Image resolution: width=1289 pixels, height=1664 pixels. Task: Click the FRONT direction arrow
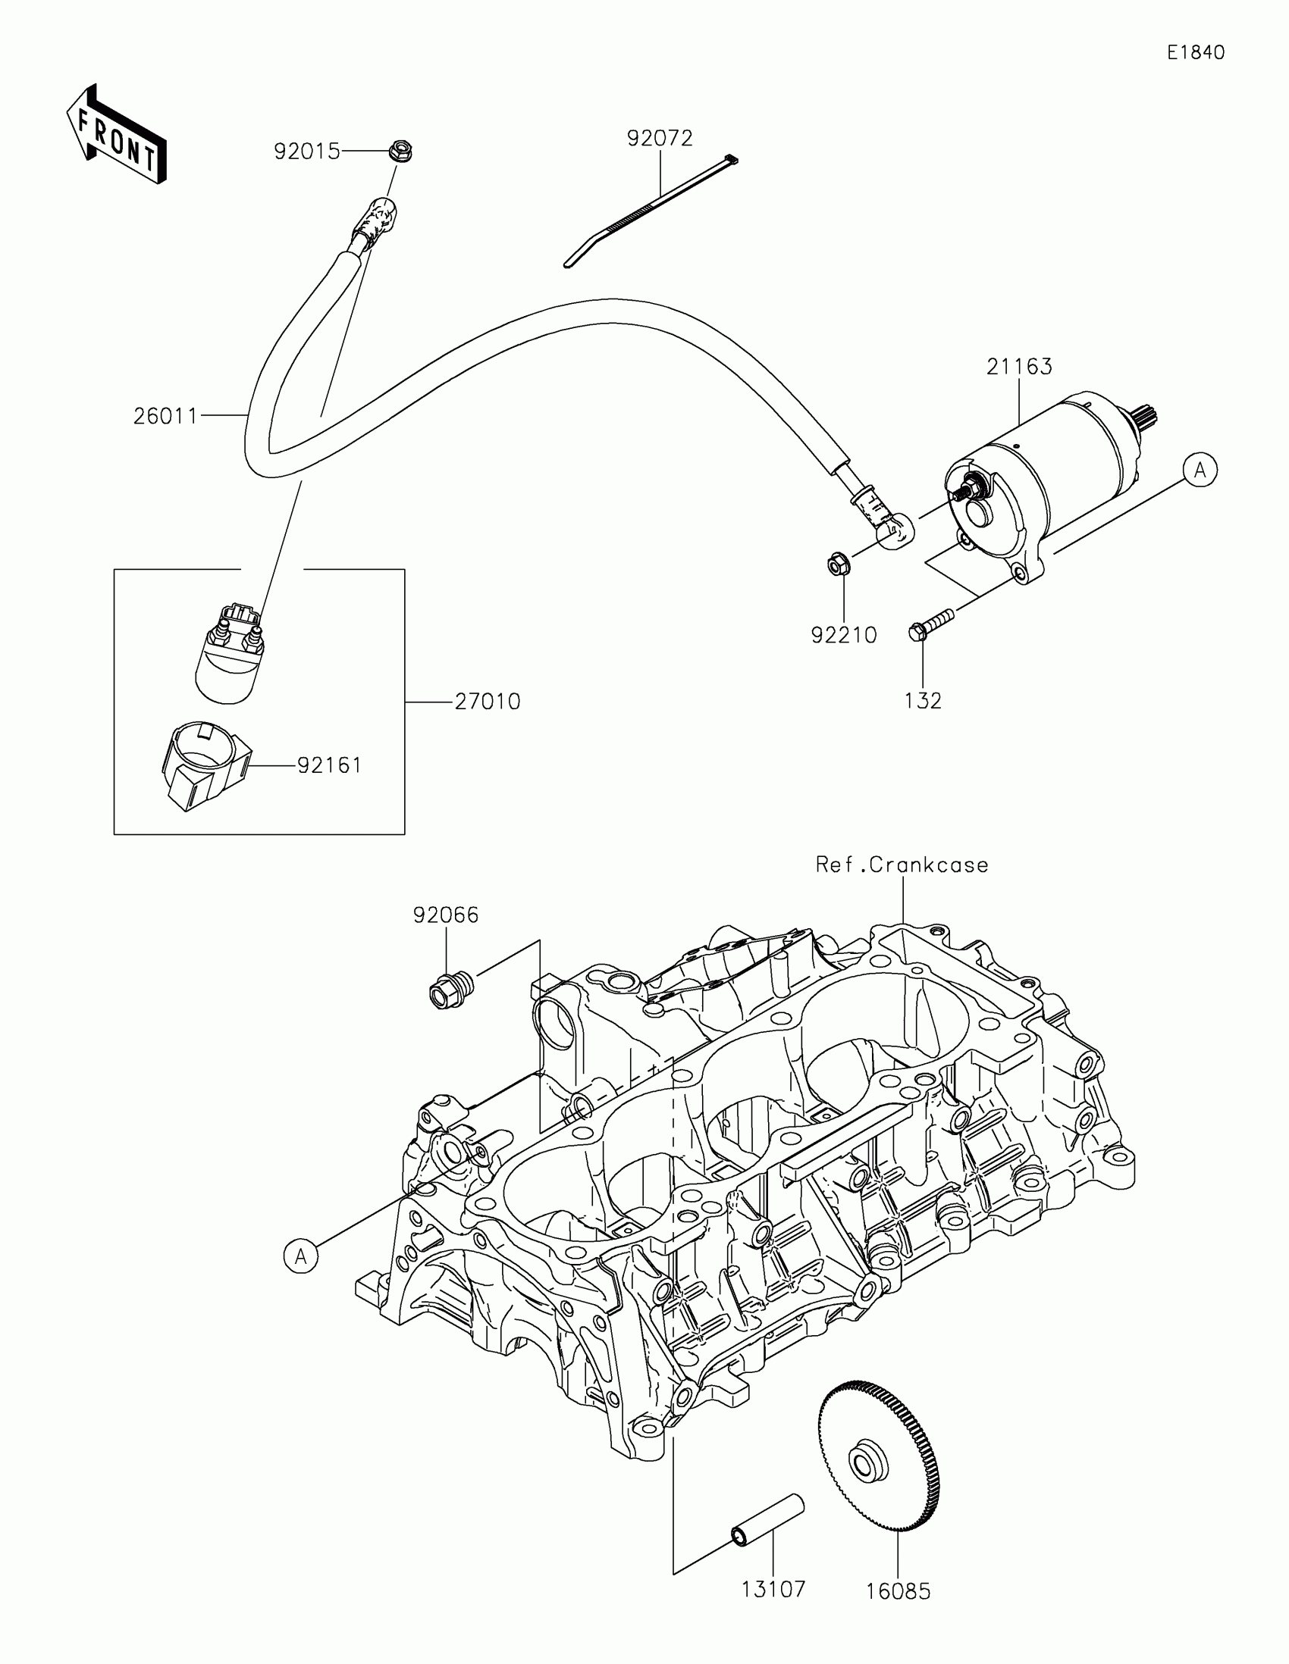pyautogui.click(x=117, y=135)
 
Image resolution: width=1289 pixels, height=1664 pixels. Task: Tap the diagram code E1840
pyautogui.click(x=1195, y=52)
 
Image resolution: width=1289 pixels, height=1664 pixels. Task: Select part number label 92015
pyautogui.click(x=306, y=152)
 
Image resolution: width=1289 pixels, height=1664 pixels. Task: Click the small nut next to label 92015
pyautogui.click(x=400, y=151)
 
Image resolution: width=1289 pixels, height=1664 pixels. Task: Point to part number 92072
pyautogui.click(x=660, y=138)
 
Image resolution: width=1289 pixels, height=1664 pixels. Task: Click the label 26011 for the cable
pyautogui.click(x=165, y=416)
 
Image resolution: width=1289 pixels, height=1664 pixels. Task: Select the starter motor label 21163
pyautogui.click(x=1018, y=367)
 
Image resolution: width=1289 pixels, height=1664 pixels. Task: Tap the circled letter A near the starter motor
pyautogui.click(x=1200, y=471)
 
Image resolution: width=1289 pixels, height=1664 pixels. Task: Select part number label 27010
pyautogui.click(x=487, y=701)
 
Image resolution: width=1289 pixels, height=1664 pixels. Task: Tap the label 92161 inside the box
pyautogui.click(x=329, y=765)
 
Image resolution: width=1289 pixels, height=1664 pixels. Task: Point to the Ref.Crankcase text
pyautogui.click(x=901, y=865)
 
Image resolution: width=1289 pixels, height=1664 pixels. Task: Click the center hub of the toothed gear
pyautogui.click(x=867, y=1463)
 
